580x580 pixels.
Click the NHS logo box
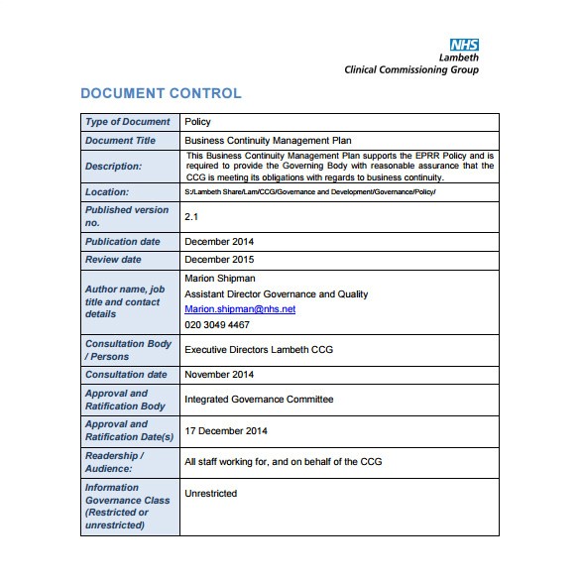463,45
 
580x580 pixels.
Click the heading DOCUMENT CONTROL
161,94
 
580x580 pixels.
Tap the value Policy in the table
197,122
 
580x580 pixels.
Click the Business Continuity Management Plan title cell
268,141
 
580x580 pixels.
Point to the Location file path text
309,191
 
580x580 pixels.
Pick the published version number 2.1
192,216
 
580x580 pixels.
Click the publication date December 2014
219,241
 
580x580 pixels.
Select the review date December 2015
219,260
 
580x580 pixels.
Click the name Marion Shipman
220,279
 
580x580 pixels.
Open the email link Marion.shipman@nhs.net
240,309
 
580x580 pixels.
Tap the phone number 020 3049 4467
217,325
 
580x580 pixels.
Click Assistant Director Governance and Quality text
276,294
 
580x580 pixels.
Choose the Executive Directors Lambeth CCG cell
253,350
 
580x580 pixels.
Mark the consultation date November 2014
219,375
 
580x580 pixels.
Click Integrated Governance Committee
259,400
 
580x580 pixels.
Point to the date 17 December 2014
226,430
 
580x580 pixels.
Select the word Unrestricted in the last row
211,493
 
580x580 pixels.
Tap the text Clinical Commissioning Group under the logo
410,69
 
